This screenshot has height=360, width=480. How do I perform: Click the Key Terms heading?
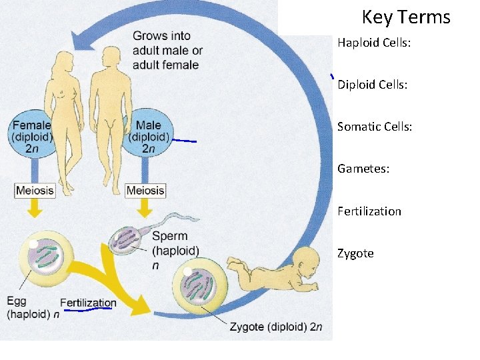coord(406,17)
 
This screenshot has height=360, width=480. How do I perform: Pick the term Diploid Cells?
coord(372,85)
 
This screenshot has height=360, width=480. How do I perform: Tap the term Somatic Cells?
coord(375,126)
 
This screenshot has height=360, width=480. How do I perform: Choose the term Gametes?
coord(363,169)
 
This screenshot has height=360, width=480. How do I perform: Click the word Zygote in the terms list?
coord(355,253)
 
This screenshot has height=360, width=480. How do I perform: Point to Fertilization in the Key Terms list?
coord(369,211)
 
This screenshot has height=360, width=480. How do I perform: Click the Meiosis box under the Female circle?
coord(35,190)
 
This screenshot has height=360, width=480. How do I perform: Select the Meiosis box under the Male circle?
coord(145,190)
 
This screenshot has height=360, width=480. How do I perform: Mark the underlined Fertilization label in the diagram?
coord(88,303)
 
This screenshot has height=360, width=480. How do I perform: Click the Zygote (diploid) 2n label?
coord(275,327)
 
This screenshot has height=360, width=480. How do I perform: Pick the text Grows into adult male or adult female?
coord(167,50)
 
